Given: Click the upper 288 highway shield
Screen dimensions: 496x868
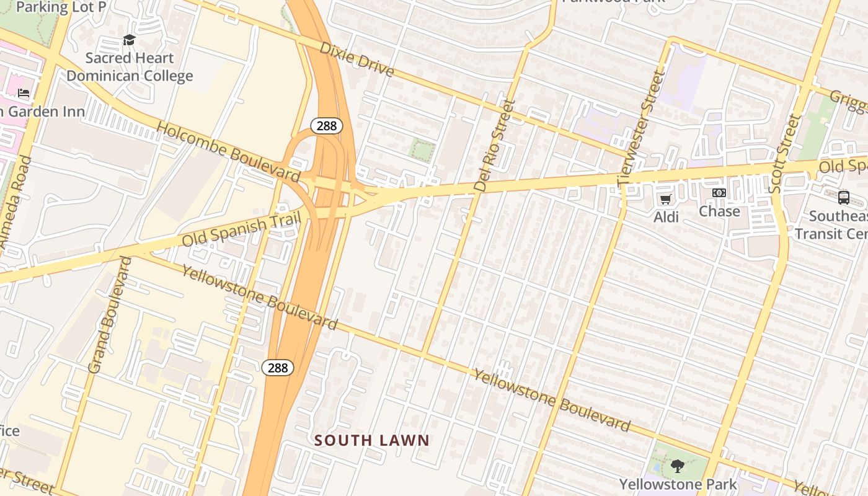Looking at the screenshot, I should coord(327,126).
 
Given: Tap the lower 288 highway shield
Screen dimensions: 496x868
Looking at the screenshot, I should coord(278,368).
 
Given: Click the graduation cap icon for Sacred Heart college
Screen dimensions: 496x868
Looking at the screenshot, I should coord(129,40).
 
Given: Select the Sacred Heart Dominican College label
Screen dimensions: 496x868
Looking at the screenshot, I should coord(130,67).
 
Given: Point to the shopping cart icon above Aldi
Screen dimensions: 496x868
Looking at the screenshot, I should coord(666,199).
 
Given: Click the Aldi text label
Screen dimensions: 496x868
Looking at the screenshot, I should coord(666,217).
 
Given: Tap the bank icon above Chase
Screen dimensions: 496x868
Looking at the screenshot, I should coord(719,193).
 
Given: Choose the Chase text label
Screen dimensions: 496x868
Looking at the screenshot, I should coord(719,211).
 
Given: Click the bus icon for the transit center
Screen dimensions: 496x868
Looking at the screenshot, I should coord(844,198).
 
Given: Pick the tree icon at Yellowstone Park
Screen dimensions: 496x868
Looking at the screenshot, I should coord(678,466).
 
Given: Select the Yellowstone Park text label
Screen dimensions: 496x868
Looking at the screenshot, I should coord(678,484).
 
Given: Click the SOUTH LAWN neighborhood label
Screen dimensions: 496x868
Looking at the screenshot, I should coord(371,441).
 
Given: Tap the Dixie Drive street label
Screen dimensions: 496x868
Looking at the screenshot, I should coord(357,60).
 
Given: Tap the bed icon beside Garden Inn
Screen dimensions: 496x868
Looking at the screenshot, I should coord(24,94).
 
